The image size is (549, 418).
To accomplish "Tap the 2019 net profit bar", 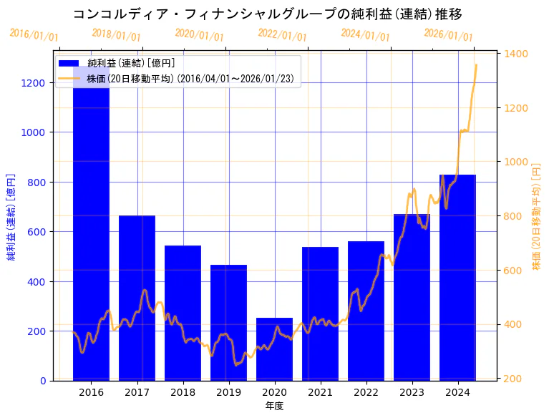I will tap(228, 322).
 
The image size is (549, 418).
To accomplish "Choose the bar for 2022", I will tap(366, 311).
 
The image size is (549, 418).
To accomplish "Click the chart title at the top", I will tap(268, 14).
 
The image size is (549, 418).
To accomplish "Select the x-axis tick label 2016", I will tap(91, 392).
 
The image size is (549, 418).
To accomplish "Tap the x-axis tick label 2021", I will tap(320, 392).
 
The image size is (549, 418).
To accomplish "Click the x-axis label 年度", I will tap(274, 406).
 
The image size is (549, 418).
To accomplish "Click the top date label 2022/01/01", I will tap(282, 35).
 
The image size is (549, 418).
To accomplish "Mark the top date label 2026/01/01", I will tap(448, 35).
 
